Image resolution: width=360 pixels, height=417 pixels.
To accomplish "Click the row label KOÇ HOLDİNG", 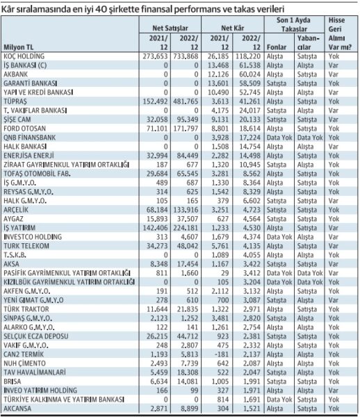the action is click(24, 56).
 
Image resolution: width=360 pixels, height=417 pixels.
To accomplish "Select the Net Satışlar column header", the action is click(170, 28).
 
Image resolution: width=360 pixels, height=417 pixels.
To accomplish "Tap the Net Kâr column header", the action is click(232, 28).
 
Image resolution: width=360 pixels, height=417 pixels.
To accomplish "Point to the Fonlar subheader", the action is click(277, 47).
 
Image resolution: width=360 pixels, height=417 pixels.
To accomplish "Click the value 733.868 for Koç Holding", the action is click(186, 56).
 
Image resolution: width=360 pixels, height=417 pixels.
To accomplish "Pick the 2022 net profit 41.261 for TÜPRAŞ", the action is click(248, 101).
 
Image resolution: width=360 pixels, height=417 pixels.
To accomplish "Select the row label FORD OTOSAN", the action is click(25, 129).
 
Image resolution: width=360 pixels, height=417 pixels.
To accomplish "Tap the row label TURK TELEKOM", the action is click(26, 246).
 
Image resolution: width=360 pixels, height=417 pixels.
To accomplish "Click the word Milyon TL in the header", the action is click(19, 47).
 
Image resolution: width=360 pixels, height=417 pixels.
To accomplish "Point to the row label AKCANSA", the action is click(17, 409).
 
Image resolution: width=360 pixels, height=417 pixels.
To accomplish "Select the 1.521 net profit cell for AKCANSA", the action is click(252, 409).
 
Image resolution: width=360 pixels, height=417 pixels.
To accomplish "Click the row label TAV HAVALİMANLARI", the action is click(35, 373).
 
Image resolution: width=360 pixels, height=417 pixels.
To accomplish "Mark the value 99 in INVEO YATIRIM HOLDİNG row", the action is click(194, 391).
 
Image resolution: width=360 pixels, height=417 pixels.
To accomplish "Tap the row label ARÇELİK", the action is click(16, 210).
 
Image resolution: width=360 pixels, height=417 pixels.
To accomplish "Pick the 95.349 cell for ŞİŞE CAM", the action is click(188, 120).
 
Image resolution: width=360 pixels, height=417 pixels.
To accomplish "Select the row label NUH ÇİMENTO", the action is click(25, 363).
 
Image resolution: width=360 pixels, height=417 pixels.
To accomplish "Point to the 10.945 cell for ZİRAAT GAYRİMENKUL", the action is click(249, 165).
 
